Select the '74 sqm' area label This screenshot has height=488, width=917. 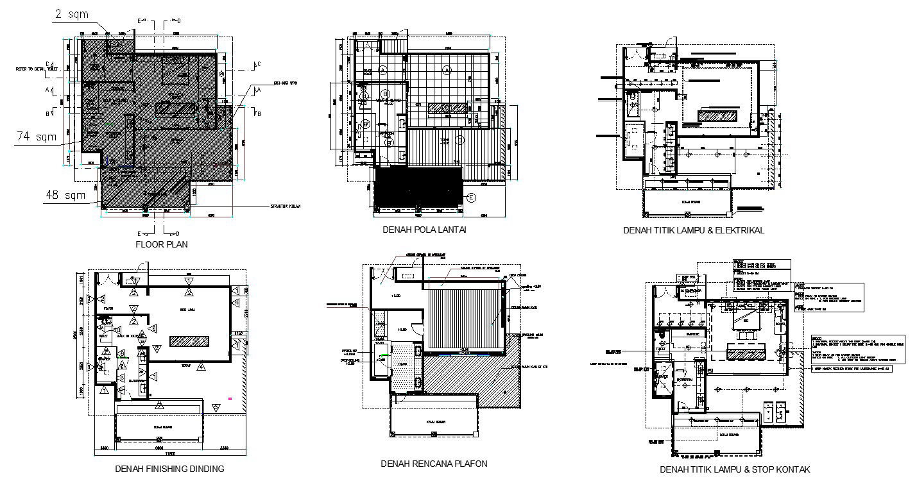tap(37, 137)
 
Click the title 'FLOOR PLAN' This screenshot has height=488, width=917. tap(162, 244)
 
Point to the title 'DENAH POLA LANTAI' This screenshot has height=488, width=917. tap(424, 229)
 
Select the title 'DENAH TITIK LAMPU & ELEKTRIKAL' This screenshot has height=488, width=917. tap(693, 230)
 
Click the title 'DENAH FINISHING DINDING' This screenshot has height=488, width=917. tap(169, 469)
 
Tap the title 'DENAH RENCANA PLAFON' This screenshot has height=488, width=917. tap(434, 464)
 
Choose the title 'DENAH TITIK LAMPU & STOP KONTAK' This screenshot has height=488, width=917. tap(734, 469)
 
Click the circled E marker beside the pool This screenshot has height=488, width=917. tap(472, 197)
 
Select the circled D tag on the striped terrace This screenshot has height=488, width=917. tap(459, 139)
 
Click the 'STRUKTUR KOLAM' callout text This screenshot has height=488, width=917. tap(285, 206)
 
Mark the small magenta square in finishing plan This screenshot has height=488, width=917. tap(230, 398)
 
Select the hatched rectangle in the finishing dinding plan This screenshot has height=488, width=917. tap(189, 341)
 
